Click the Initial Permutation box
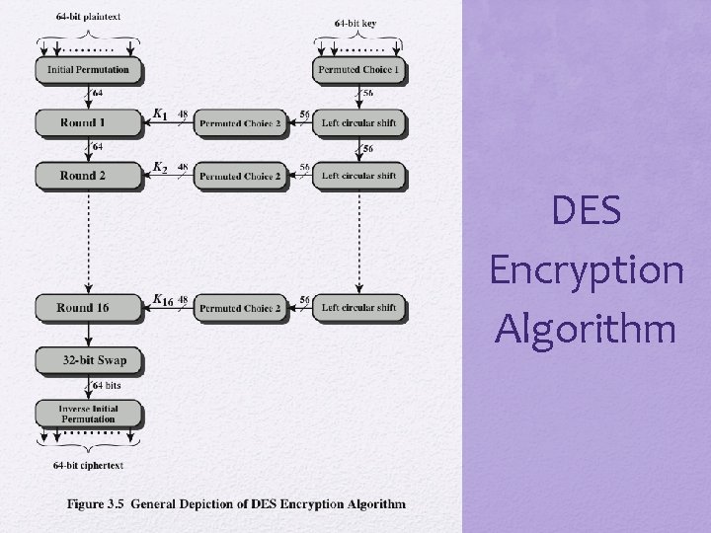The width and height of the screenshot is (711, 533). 88,70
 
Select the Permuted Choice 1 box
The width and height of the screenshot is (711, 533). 358,70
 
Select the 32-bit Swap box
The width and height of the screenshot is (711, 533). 88,360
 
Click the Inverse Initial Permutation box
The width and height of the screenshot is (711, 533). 88,413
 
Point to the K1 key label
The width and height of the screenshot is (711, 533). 161,115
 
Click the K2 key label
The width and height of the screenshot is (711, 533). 161,169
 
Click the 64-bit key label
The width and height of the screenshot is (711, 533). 355,22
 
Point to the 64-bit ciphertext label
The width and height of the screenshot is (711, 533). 89,465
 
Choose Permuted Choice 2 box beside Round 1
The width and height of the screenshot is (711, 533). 239,122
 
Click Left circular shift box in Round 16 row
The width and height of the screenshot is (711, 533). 358,308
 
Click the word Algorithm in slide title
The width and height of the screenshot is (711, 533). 587,328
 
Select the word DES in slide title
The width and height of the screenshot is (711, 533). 588,210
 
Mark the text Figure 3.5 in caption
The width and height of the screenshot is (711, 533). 95,503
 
